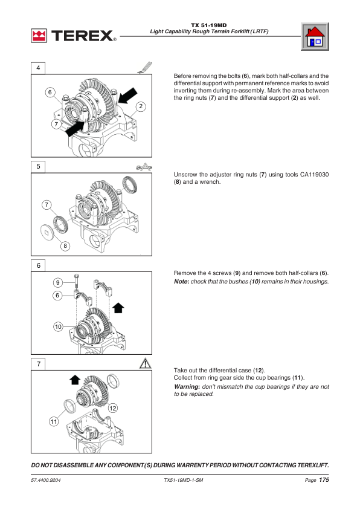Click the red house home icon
[x=315, y=37]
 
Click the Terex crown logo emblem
[x=39, y=36]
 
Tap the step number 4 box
[x=38, y=68]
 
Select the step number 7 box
[x=38, y=364]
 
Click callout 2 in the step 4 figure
[x=140, y=106]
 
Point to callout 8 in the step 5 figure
[x=65, y=246]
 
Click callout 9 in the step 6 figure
[x=58, y=282]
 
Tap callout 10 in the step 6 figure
[x=58, y=326]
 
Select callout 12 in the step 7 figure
[x=112, y=408]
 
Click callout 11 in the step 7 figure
[x=54, y=422]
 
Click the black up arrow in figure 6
[x=118, y=308]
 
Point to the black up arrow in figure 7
[x=75, y=380]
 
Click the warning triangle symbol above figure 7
[x=146, y=363]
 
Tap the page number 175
[x=324, y=479]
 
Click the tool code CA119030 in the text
[x=314, y=175]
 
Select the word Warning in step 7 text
[x=186, y=387]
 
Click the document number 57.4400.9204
[x=46, y=480]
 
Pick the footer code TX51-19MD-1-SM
[x=183, y=480]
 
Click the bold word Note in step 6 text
[x=181, y=282]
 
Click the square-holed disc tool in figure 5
[x=48, y=232]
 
